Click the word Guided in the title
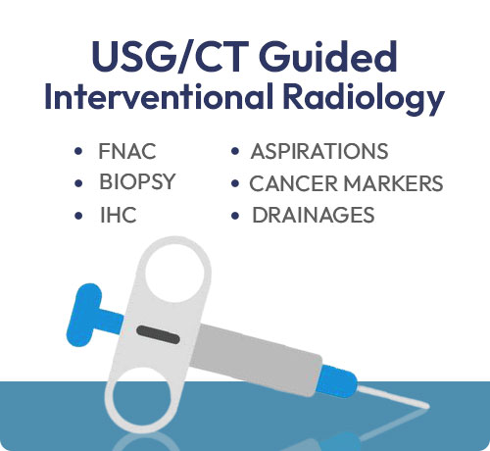(x=329, y=57)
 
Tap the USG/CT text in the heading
(x=169, y=57)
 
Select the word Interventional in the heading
(x=158, y=96)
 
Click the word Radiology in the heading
(x=364, y=98)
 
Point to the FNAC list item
(x=126, y=151)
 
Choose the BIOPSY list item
(x=137, y=181)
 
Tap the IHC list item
(x=118, y=215)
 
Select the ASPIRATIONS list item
(x=319, y=151)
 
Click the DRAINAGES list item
(x=313, y=215)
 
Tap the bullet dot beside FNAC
(x=78, y=151)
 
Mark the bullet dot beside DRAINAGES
(x=235, y=216)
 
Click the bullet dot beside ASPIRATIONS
(x=235, y=151)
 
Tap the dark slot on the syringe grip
(x=158, y=335)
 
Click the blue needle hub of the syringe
(x=337, y=381)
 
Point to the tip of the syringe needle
(x=428, y=406)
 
